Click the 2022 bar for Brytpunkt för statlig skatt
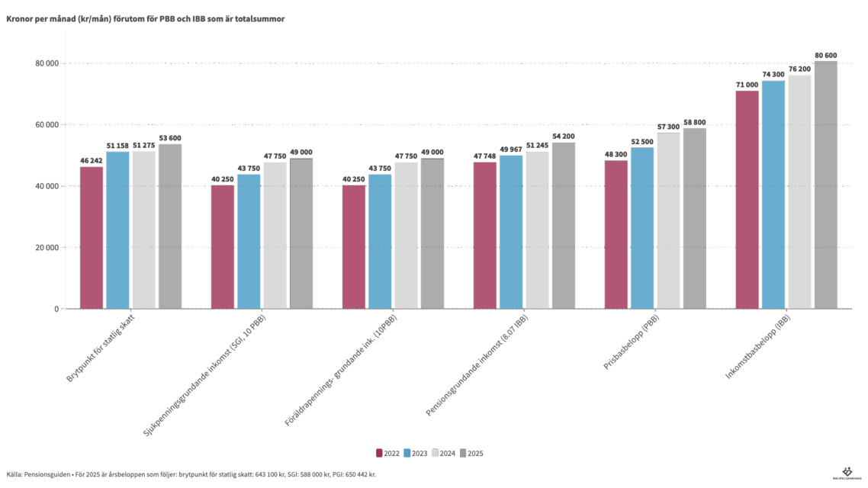(x=92, y=237)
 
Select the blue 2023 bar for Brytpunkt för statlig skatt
(x=117, y=230)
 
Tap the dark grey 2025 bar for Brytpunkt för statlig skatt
(x=170, y=226)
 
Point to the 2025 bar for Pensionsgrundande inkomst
(x=564, y=225)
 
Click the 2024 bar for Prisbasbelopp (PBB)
(x=668, y=220)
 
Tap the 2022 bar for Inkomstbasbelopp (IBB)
(x=747, y=199)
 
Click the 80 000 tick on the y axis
(x=47, y=63)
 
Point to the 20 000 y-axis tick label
(x=47, y=248)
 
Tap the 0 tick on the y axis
(x=56, y=309)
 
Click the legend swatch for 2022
(x=379, y=453)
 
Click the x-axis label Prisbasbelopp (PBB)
(x=632, y=343)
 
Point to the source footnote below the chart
(x=191, y=474)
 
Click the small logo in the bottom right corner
(x=845, y=473)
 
